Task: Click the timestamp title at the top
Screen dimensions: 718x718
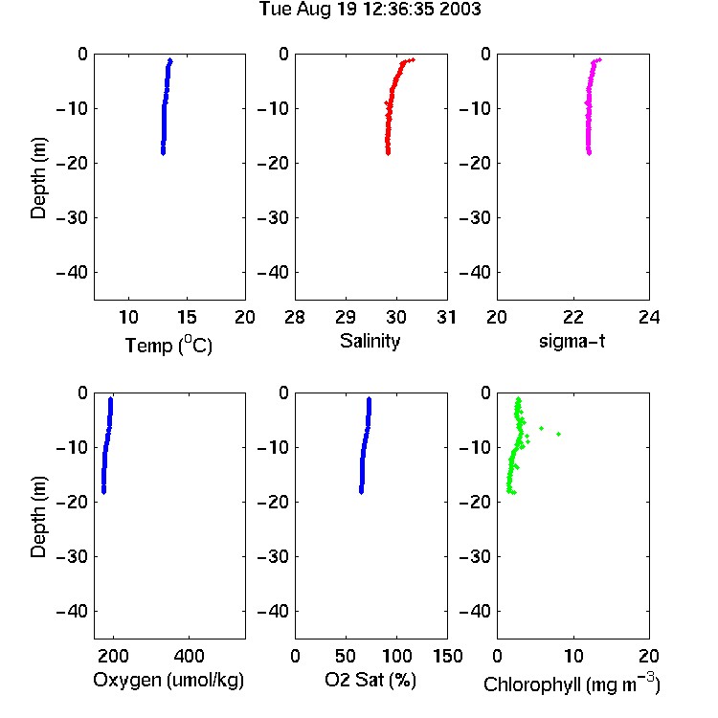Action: click(370, 9)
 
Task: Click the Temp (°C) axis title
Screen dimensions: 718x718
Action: click(168, 345)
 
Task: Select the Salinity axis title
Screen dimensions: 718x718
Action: click(370, 341)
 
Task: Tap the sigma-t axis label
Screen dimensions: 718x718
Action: click(572, 341)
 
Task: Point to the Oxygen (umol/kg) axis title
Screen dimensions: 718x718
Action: click(168, 680)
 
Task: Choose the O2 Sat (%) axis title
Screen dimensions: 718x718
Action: click(370, 680)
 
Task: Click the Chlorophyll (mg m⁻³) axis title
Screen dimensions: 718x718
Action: click(572, 684)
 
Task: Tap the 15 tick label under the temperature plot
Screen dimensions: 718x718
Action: click(187, 317)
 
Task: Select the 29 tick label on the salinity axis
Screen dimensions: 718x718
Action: click(346, 317)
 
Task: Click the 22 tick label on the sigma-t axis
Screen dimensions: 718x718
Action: click(573, 317)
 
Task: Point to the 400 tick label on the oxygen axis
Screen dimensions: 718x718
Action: click(190, 656)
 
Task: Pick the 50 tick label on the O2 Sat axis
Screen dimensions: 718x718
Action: click(346, 656)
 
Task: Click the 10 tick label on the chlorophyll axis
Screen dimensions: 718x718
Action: click(573, 656)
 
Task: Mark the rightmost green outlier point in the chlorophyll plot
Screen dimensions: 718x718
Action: click(559, 434)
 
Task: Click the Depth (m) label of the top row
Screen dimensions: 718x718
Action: click(38, 178)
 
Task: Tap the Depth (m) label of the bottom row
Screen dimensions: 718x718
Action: click(38, 517)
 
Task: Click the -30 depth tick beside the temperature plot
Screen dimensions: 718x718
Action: click(72, 218)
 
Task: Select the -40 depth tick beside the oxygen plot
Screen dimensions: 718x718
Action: click(72, 611)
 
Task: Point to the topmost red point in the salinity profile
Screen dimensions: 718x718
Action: click(413, 59)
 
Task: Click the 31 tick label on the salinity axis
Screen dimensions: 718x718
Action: click(446, 317)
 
